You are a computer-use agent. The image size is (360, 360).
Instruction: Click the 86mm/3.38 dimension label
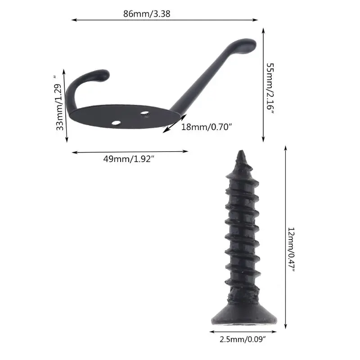[147, 13]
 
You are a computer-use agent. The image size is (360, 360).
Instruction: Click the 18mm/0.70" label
[206, 127]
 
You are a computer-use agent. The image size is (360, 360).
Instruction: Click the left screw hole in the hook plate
[116, 122]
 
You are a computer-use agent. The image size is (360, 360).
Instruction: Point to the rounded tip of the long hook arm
[249, 44]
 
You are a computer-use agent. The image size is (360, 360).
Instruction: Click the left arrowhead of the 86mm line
[73, 20]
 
